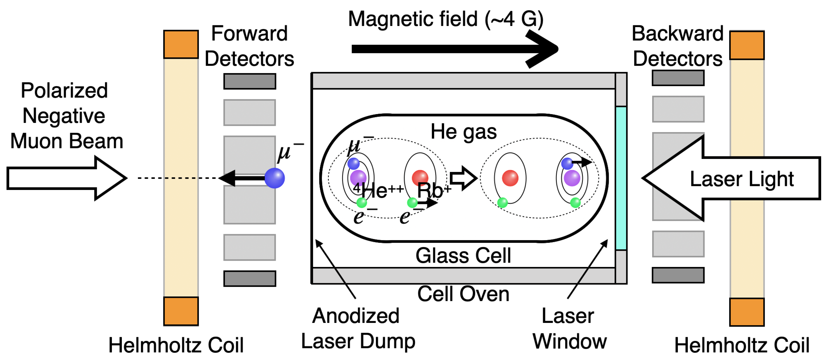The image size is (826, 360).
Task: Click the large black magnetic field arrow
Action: point(449,49)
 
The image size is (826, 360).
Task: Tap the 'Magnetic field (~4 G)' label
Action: point(446,19)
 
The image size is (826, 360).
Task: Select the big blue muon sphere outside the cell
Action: point(275,178)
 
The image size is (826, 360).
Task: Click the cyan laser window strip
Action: point(621,178)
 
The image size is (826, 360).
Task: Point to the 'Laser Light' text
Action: point(741,179)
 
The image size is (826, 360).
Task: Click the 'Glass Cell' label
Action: point(463,256)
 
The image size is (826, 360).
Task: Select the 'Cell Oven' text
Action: point(463,294)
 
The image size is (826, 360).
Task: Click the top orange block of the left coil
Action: point(181,44)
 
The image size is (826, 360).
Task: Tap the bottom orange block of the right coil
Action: point(747,312)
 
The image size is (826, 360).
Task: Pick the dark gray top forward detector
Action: point(249,81)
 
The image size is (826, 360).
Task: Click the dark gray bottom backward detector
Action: point(678,275)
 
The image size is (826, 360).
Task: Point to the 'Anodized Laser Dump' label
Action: point(358,328)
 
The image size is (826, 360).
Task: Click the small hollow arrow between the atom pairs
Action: point(463,178)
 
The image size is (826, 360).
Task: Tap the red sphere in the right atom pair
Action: point(510,178)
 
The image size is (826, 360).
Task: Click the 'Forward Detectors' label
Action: point(249,46)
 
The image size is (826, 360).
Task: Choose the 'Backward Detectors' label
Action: point(678,46)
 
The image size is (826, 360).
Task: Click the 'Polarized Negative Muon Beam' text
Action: point(66,116)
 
